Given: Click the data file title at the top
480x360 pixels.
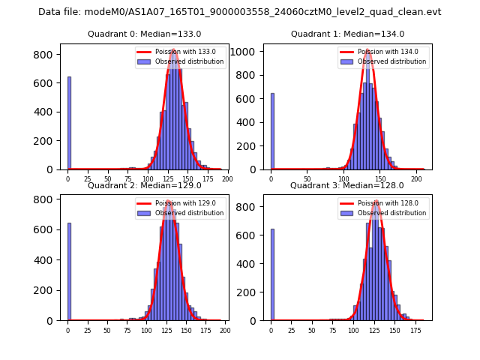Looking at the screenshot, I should pos(239,12).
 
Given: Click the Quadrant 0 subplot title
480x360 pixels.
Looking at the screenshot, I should pos(144,34).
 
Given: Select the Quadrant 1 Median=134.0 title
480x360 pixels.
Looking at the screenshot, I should pos(347,34).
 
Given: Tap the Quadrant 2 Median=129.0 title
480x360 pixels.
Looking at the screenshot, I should pos(144,185).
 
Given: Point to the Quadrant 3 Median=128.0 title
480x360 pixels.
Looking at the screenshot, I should pos(347,185).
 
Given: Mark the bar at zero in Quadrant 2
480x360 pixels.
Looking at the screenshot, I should pos(69,271).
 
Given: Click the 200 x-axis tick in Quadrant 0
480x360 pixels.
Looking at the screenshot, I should pos(227,179).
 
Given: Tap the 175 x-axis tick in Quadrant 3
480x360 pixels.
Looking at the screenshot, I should pos(415,330).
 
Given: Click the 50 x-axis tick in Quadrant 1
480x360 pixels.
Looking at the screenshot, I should pos(307,179).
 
